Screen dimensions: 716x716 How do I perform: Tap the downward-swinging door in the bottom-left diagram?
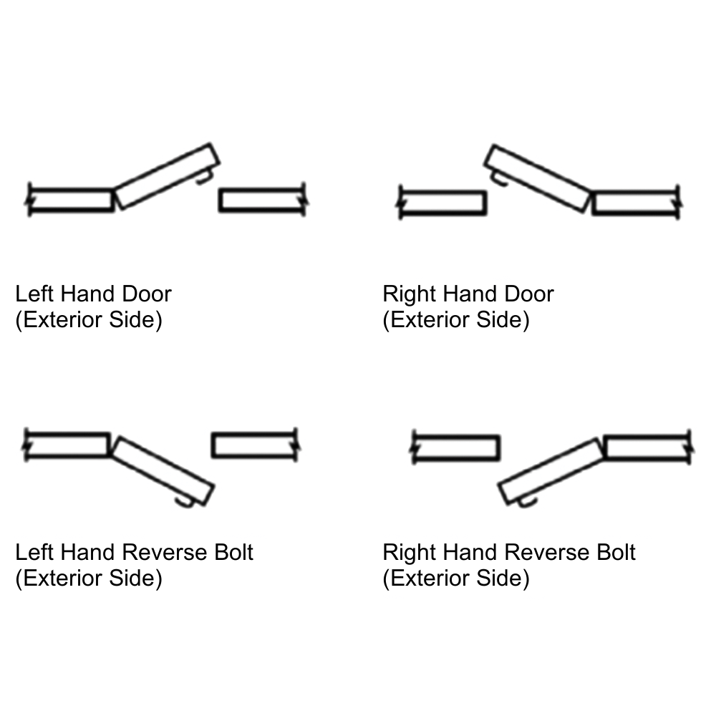[164, 470]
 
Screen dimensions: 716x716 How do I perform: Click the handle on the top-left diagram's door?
[204, 177]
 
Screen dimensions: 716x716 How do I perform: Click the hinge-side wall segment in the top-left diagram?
[71, 199]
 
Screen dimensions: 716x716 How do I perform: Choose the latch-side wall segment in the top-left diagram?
[261, 200]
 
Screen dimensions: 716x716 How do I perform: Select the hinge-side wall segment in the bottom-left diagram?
[67, 445]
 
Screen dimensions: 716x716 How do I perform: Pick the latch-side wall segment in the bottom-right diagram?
[455, 448]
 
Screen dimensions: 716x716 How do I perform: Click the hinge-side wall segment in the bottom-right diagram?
[647, 447]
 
